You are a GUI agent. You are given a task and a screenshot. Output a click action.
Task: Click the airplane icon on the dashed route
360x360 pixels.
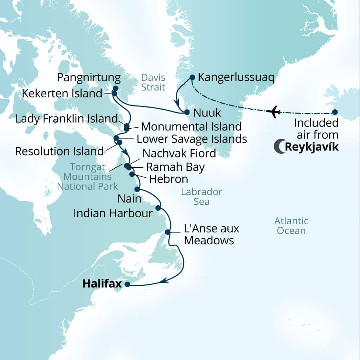click(273, 112)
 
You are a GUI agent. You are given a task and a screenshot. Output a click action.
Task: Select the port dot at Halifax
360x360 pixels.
click(127, 284)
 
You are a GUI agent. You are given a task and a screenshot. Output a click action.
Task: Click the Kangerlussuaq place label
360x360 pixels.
click(236, 77)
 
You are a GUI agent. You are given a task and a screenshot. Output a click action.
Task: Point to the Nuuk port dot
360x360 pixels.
click(187, 112)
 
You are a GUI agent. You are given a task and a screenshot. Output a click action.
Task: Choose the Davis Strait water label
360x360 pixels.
click(153, 82)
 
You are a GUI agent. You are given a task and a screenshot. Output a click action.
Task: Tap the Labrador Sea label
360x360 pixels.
click(201, 197)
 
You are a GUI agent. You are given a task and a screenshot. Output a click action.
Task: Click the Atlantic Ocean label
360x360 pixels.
click(291, 226)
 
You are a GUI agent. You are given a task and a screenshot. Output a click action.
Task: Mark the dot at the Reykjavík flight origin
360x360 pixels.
click(335, 112)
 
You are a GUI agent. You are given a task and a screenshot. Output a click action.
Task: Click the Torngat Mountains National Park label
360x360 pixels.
click(88, 176)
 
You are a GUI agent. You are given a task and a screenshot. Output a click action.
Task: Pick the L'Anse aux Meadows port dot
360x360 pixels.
click(168, 232)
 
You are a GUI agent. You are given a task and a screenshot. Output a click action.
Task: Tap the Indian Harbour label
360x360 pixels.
click(113, 213)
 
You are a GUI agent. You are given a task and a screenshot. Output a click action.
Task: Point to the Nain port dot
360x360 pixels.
click(137, 189)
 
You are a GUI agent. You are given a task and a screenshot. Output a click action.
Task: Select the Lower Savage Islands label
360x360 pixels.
click(192, 139)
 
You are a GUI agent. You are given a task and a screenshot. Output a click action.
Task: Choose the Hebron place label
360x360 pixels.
click(168, 179)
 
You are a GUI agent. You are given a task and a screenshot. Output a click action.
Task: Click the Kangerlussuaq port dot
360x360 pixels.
click(192, 77)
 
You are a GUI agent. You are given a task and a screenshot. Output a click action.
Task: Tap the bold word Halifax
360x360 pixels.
click(102, 284)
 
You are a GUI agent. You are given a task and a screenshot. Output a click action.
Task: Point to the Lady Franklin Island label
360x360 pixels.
click(66, 118)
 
